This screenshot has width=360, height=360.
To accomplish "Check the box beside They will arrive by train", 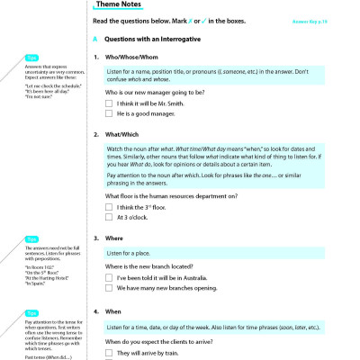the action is [109, 354].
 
